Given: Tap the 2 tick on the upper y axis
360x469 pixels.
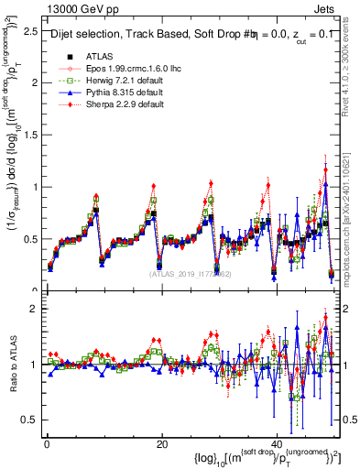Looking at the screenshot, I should [33, 82].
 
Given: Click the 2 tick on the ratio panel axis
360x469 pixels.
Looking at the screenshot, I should [33, 309].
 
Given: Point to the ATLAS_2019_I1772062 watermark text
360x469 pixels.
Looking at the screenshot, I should [191, 274].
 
